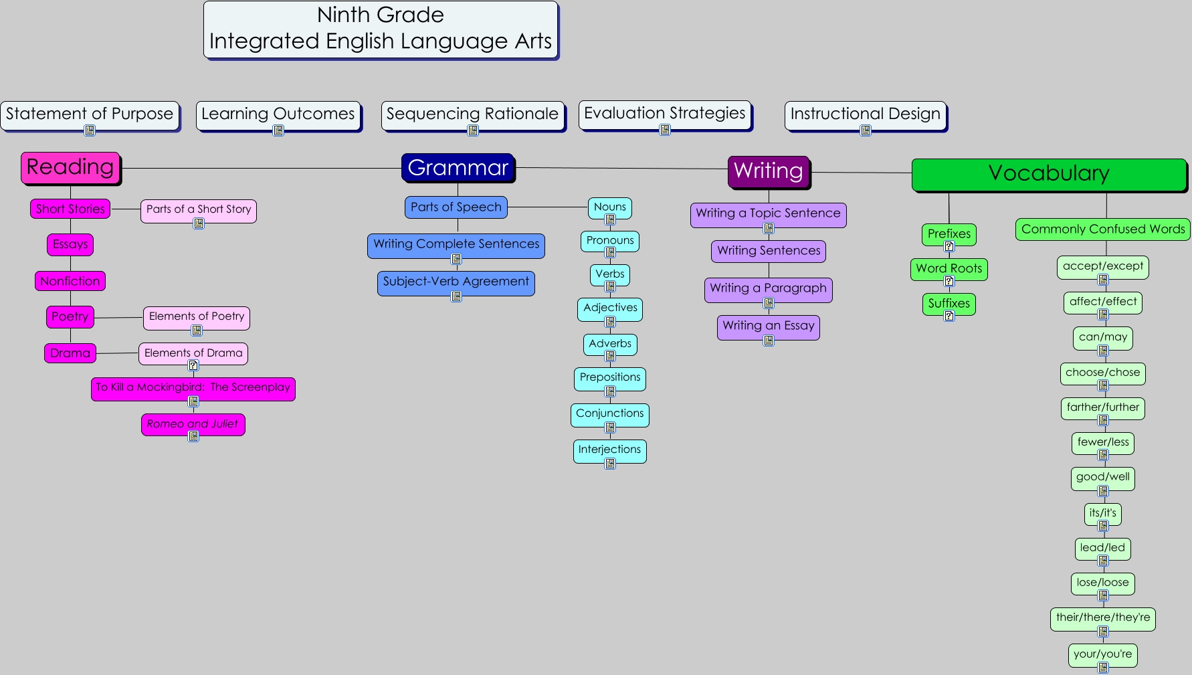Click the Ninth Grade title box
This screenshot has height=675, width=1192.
(x=381, y=29)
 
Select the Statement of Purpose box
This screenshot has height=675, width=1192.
(x=90, y=114)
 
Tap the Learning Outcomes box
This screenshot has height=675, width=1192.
(x=278, y=114)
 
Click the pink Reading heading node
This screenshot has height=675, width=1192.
(x=70, y=167)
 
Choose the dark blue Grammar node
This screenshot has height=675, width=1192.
(x=458, y=167)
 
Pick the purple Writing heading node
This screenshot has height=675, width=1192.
(x=768, y=171)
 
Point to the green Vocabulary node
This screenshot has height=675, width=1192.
(x=1048, y=174)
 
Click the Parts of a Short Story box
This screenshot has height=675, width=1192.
(x=199, y=209)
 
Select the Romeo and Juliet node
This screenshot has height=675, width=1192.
(x=193, y=424)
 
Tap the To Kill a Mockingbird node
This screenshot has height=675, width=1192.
(x=193, y=387)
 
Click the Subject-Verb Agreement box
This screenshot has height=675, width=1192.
(x=456, y=282)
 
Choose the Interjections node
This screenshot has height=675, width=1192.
(x=609, y=450)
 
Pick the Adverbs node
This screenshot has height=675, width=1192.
(x=610, y=344)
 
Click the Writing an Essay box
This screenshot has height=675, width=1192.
(x=768, y=326)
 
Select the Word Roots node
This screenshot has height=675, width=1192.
(x=949, y=269)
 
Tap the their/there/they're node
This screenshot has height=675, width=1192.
(x=1102, y=617)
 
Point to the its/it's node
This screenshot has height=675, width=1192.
(x=1102, y=513)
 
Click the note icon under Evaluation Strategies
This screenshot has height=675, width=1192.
(x=665, y=130)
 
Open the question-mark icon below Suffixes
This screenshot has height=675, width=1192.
(x=949, y=316)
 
